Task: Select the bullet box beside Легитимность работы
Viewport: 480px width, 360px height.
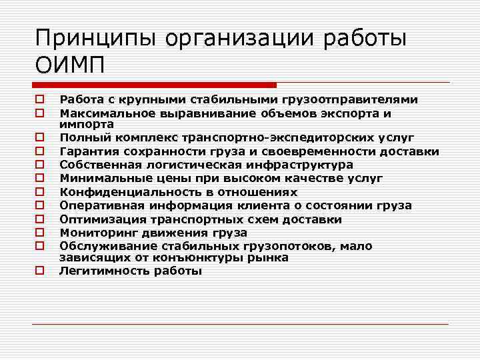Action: coord(41,271)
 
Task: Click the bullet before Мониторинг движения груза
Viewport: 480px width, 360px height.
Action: coord(41,233)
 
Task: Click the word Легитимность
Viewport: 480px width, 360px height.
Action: coord(101,271)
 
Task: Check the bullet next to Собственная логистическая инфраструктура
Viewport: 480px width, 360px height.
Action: coord(41,165)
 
